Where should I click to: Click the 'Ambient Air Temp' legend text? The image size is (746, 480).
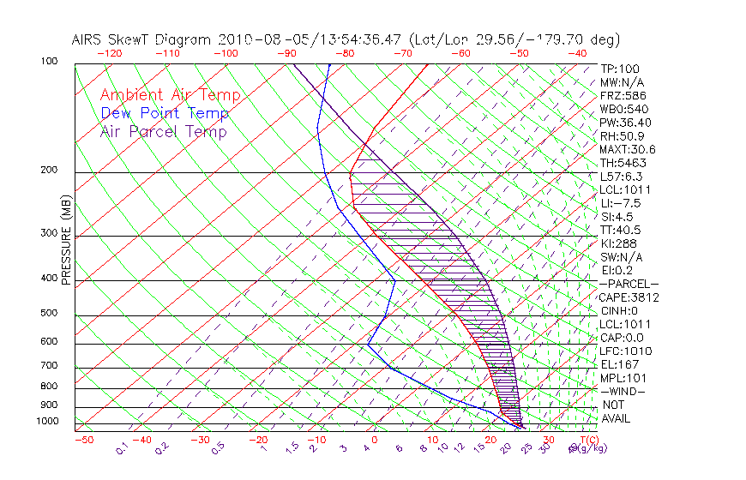click(170, 96)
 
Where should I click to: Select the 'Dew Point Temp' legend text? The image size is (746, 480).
click(165, 114)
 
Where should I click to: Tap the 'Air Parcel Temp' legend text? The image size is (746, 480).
click(164, 132)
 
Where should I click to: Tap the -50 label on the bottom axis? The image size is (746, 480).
click(83, 440)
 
